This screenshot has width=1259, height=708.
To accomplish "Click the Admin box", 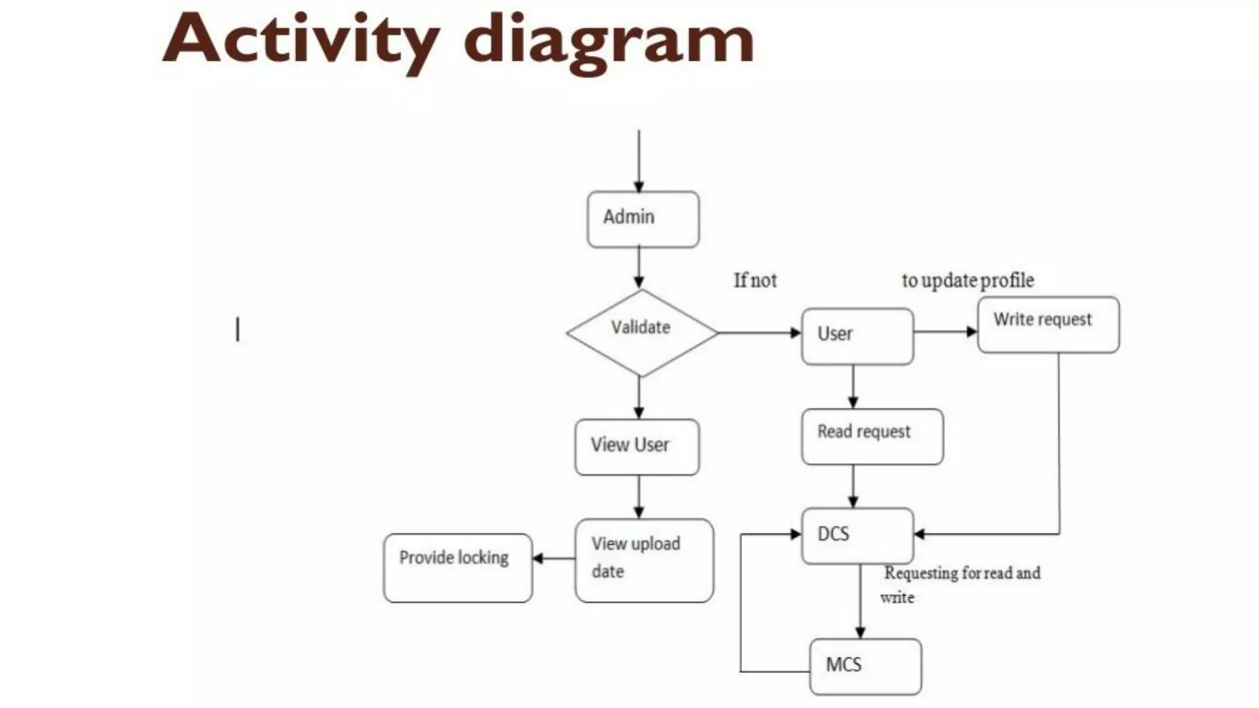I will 643,219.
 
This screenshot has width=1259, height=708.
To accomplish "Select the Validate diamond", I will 641,332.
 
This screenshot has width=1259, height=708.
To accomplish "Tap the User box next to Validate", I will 857,336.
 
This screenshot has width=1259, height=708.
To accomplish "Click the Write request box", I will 1048,324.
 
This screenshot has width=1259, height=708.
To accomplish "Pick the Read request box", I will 872,436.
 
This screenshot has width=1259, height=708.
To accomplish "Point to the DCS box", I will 857,535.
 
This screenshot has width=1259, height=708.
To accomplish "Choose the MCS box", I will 865,666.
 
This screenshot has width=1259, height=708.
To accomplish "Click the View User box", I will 637,447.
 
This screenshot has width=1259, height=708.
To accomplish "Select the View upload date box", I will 644,560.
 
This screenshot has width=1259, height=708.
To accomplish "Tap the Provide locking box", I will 457,567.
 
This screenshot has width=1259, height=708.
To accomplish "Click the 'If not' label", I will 755,281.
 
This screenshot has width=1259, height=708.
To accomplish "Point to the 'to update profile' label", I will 968,281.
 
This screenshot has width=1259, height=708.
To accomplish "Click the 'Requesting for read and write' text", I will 960,584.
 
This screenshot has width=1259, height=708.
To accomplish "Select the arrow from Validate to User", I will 759,332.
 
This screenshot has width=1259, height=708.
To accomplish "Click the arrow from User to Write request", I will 945,332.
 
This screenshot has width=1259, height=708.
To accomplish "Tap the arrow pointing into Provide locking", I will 553,558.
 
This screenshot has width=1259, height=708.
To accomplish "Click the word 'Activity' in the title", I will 301,40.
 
